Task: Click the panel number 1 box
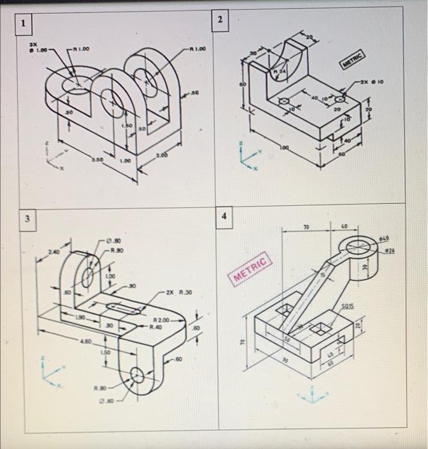[x=24, y=25]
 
